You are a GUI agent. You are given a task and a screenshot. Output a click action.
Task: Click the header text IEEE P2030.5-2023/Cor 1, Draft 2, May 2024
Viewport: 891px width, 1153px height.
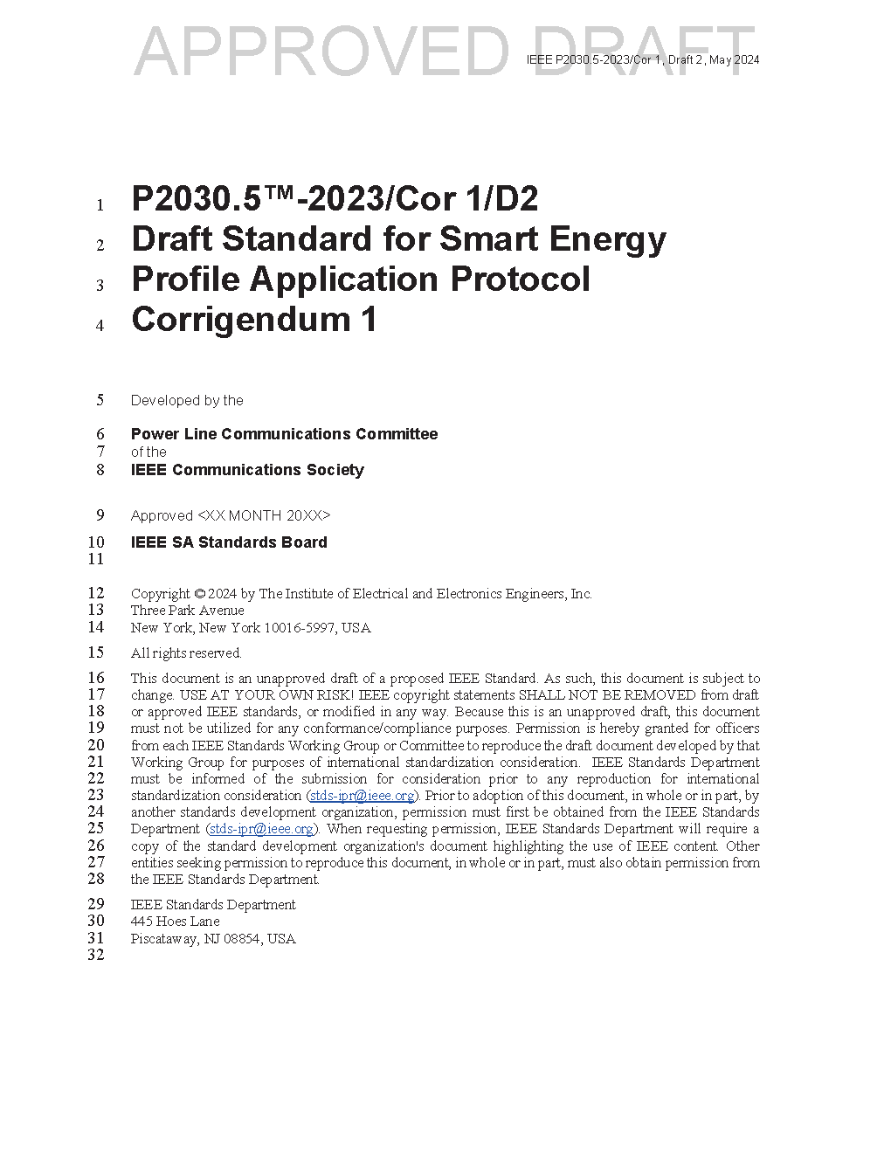click(643, 60)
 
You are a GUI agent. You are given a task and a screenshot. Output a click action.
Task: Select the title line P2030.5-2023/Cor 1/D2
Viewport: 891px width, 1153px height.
click(335, 199)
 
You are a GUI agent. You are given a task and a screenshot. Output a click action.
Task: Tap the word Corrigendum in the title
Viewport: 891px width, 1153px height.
click(240, 320)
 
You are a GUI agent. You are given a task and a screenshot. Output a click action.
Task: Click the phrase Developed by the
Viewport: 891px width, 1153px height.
click(187, 401)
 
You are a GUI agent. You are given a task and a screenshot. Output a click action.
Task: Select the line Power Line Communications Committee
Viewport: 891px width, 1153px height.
click(284, 434)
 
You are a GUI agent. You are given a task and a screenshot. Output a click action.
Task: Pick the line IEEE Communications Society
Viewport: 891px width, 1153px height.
click(247, 470)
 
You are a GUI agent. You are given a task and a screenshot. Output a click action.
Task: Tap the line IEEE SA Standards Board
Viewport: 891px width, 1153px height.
click(229, 542)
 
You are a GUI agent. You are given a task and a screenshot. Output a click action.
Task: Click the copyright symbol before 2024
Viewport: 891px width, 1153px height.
click(199, 594)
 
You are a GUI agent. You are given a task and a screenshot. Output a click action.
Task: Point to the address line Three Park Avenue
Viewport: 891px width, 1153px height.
click(187, 611)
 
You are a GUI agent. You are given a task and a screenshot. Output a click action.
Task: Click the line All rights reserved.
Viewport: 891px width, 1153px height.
click(186, 653)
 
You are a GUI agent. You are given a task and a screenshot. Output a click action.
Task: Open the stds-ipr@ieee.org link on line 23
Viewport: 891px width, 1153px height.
click(363, 796)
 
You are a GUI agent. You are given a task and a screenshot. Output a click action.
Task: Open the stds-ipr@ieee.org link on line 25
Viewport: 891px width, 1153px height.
click(262, 829)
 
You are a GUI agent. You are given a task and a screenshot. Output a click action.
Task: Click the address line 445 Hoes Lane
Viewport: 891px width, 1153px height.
click(175, 922)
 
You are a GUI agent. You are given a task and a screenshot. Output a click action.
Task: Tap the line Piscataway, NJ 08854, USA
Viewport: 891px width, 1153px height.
click(213, 939)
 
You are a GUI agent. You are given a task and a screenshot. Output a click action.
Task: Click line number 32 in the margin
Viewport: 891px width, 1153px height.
click(96, 955)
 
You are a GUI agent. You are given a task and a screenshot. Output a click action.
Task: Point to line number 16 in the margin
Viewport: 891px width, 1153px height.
click(96, 678)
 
